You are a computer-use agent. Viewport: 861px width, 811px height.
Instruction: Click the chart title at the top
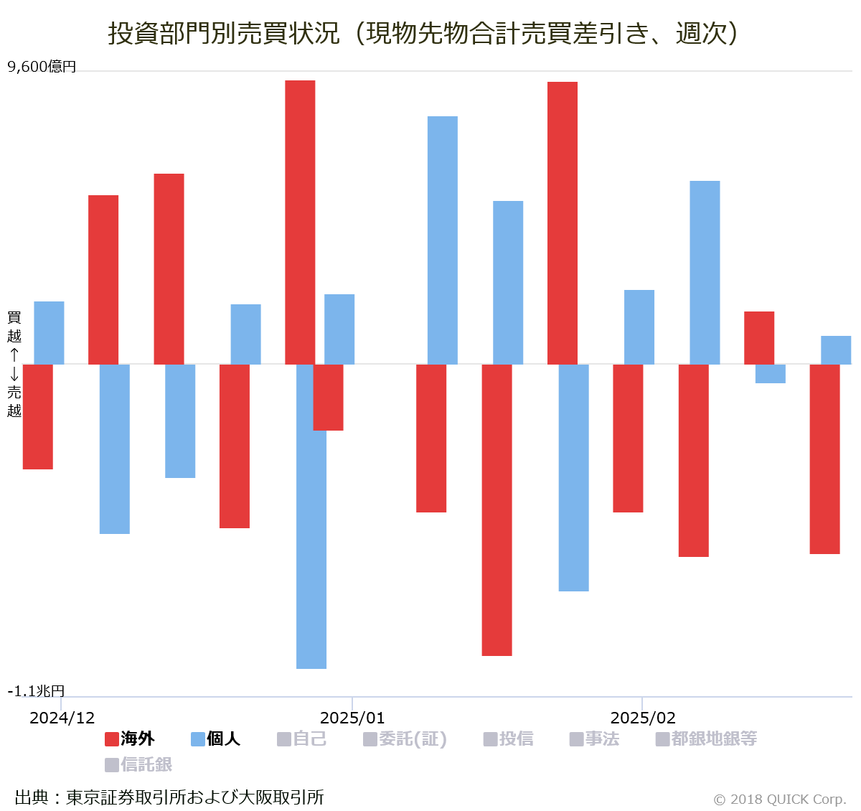[423, 33]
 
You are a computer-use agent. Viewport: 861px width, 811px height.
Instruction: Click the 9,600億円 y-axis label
[42, 67]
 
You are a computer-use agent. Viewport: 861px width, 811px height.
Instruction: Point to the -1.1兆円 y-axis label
[37, 690]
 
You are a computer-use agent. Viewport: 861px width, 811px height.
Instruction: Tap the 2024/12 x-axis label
[62, 718]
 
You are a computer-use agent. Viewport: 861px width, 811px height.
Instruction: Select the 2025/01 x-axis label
[352, 718]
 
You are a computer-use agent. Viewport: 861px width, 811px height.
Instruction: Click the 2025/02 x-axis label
[643, 718]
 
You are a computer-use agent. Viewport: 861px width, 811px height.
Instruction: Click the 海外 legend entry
[130, 739]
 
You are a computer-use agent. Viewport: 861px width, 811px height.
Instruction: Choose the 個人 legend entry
[215, 739]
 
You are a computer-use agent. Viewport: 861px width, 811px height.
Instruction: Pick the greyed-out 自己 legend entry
[302, 739]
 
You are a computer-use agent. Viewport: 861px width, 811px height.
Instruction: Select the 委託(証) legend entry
[405, 739]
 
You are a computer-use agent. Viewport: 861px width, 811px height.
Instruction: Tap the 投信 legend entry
[509, 739]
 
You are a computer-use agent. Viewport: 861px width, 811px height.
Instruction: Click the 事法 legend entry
[595, 739]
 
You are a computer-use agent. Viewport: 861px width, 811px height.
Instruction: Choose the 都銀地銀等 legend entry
[707, 739]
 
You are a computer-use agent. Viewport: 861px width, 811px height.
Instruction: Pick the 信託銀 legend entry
[138, 764]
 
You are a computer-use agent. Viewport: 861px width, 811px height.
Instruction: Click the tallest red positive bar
[300, 222]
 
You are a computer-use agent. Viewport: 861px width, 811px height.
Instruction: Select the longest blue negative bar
[311, 517]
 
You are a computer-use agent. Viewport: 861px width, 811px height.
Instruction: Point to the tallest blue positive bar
[443, 240]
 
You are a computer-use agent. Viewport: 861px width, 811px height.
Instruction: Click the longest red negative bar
[497, 510]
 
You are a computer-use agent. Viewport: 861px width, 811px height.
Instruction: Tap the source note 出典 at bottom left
[169, 797]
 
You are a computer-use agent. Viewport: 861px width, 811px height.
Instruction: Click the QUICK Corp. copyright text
[780, 799]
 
